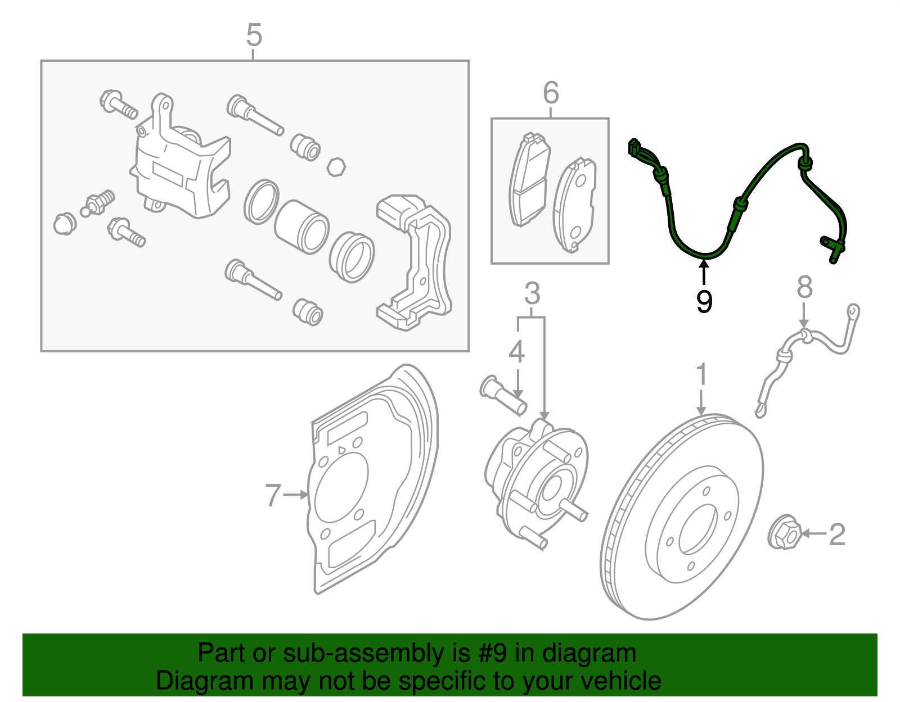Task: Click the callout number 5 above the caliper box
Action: click(254, 35)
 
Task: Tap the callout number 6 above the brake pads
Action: click(551, 93)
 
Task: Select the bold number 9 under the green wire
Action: click(704, 301)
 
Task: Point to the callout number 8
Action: click(805, 287)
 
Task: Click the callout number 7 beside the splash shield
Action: click(273, 495)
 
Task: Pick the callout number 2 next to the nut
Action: click(837, 534)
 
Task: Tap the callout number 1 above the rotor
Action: click(701, 375)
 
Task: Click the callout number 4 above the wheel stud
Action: click(516, 352)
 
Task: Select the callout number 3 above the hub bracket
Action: click(532, 294)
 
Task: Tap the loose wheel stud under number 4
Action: click(504, 396)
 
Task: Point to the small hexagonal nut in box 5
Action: click(336, 167)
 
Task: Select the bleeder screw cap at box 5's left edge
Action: click(65, 223)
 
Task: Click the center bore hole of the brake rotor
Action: click(698, 528)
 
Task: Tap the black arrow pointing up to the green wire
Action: click(704, 271)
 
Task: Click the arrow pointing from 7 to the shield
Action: click(296, 495)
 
